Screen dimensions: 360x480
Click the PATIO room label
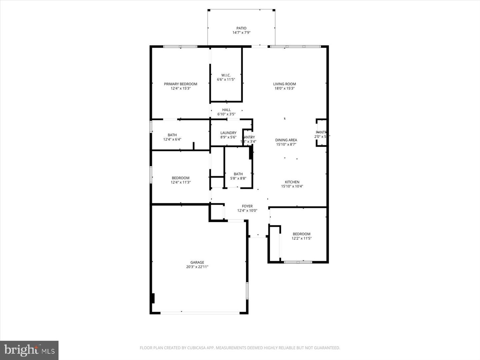pos(241,28)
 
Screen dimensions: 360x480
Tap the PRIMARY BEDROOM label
pos(180,84)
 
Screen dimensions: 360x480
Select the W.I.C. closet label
pos(226,75)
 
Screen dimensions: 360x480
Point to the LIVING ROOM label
pos(284,84)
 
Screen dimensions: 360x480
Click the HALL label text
pos(226,110)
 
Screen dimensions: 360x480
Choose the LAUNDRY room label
pos(228,133)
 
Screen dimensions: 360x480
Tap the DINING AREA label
pos(286,140)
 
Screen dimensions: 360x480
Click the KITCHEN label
pos(292,182)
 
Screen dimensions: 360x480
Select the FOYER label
pos(247,206)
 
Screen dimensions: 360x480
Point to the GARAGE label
pos(197,262)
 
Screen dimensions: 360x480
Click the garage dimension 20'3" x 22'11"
pos(197,267)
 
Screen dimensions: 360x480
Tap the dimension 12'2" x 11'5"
pos(301,239)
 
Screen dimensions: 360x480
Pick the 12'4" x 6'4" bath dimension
pos(172,140)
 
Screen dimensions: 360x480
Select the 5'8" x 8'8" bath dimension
pos(238,178)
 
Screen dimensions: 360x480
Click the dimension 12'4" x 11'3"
pos(180,182)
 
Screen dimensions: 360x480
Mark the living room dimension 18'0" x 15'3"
pos(284,89)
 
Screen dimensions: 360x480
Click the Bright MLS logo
pos(29,350)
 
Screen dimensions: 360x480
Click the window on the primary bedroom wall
pos(180,47)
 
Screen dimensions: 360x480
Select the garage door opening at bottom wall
pos(200,313)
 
